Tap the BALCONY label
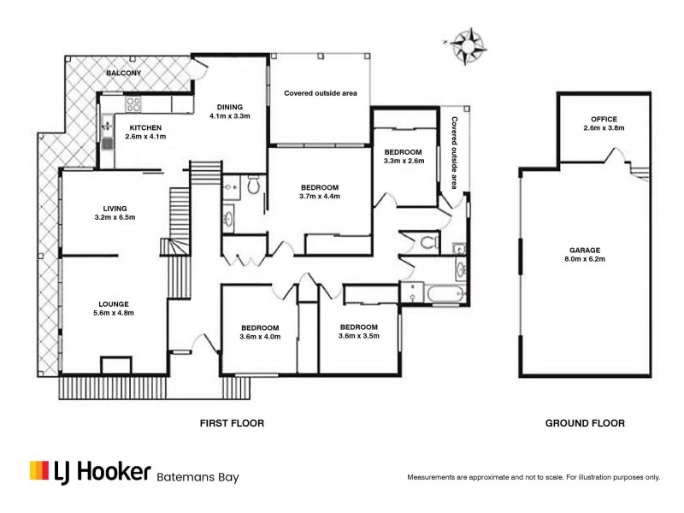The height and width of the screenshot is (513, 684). [x=124, y=74]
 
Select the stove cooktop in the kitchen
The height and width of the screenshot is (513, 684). [x=134, y=105]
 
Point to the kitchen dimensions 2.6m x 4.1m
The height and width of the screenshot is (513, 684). [x=145, y=136]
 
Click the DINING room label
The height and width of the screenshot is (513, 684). [x=229, y=107]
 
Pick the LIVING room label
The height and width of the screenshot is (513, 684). [x=115, y=208]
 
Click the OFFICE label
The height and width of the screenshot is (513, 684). [x=604, y=119]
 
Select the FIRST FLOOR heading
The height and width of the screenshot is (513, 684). [x=232, y=423]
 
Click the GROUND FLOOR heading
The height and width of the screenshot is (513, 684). [x=585, y=423]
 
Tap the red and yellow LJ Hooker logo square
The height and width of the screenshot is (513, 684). [x=39, y=470]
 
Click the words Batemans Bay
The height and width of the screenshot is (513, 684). [x=198, y=477]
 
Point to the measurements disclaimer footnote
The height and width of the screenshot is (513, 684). [x=534, y=476]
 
